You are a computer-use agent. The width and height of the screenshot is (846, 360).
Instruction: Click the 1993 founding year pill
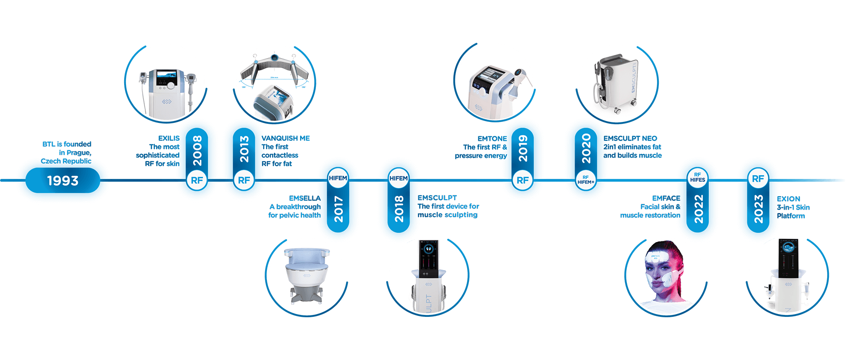pyautogui.click(x=63, y=180)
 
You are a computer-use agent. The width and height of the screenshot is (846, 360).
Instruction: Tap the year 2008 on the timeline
pyautogui.click(x=197, y=150)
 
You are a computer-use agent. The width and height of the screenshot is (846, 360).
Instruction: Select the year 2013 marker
pyautogui.click(x=244, y=149)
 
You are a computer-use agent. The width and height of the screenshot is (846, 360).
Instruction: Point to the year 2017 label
pyautogui.click(x=338, y=209)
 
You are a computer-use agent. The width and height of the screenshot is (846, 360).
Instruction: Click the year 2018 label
pyautogui.click(x=399, y=209)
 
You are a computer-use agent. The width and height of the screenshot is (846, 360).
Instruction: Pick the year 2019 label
pyautogui.click(x=522, y=149)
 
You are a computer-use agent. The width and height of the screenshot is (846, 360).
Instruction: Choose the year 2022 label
pyautogui.click(x=698, y=209)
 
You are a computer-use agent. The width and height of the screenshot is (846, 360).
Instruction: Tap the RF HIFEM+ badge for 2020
pyautogui.click(x=585, y=180)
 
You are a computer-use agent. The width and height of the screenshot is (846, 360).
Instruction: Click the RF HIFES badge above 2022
pyautogui.click(x=697, y=178)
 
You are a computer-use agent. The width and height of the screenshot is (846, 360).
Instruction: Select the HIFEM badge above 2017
pyautogui.click(x=338, y=178)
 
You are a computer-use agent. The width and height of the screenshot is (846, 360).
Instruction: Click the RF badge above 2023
pyautogui.click(x=758, y=179)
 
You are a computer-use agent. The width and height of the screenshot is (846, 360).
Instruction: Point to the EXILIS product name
pyautogui.click(x=169, y=138)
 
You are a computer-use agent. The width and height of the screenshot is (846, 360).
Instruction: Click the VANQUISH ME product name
pyautogui.click(x=286, y=138)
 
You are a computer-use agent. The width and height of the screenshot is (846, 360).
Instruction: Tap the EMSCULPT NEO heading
pyautogui.click(x=630, y=138)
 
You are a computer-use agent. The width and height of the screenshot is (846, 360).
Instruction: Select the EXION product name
pyautogui.click(x=788, y=198)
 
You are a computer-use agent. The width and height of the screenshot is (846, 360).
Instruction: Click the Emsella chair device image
pyautogui.click(x=306, y=272)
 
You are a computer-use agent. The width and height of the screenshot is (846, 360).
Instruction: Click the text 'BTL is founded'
pyautogui.click(x=67, y=144)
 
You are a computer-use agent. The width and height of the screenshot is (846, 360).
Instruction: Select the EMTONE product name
pyautogui.click(x=492, y=139)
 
